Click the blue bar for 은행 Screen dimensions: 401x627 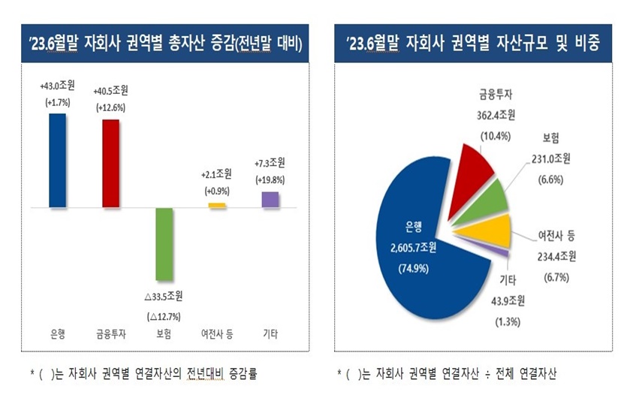(57, 160)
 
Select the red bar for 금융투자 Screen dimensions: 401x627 (110, 163)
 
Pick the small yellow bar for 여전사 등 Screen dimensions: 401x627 (217, 205)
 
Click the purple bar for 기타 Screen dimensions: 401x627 (270, 199)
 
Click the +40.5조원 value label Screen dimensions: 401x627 (110, 92)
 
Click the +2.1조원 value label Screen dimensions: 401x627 (217, 175)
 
